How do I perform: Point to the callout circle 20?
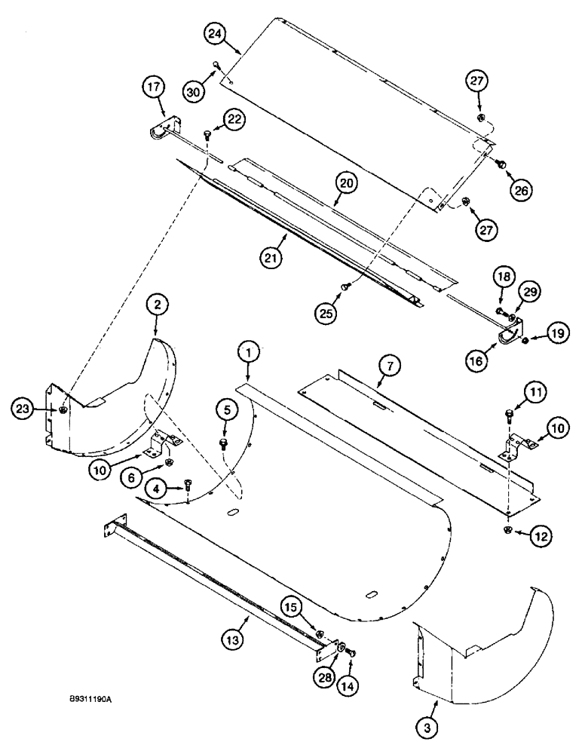click(x=348, y=183)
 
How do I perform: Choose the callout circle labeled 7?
click(x=389, y=367)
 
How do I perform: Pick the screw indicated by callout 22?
click(x=207, y=136)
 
